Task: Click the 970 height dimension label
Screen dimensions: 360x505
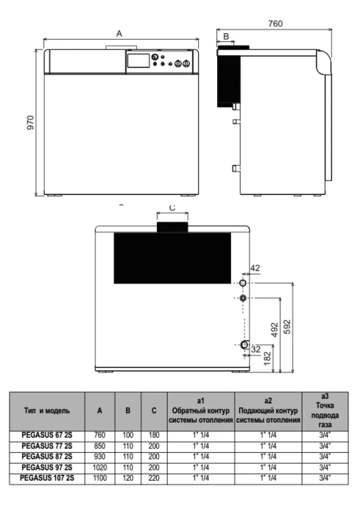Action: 30,123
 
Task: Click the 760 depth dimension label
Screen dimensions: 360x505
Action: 275,24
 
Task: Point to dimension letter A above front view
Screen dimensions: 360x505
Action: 119,34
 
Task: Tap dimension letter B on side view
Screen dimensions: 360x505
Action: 226,36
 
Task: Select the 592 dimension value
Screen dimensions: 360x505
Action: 287,327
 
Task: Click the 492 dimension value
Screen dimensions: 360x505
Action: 275,330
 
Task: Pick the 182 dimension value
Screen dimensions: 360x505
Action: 267,359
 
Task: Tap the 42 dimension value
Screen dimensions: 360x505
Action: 255,268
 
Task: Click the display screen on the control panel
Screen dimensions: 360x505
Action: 138,60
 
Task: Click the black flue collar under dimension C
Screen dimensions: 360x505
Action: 172,227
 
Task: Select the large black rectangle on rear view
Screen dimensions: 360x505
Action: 172,258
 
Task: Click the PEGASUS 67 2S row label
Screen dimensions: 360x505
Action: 47,435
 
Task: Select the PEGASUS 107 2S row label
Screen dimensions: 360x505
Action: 47,478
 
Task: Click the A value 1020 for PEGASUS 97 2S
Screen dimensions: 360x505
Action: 100,467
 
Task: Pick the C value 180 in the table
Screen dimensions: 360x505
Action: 154,435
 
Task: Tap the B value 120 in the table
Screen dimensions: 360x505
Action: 128,478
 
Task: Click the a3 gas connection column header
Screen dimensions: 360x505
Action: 325,411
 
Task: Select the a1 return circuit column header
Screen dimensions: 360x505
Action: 200,411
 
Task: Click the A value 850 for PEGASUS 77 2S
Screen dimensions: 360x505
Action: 100,446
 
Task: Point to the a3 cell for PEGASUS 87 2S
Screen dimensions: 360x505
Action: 325,456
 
